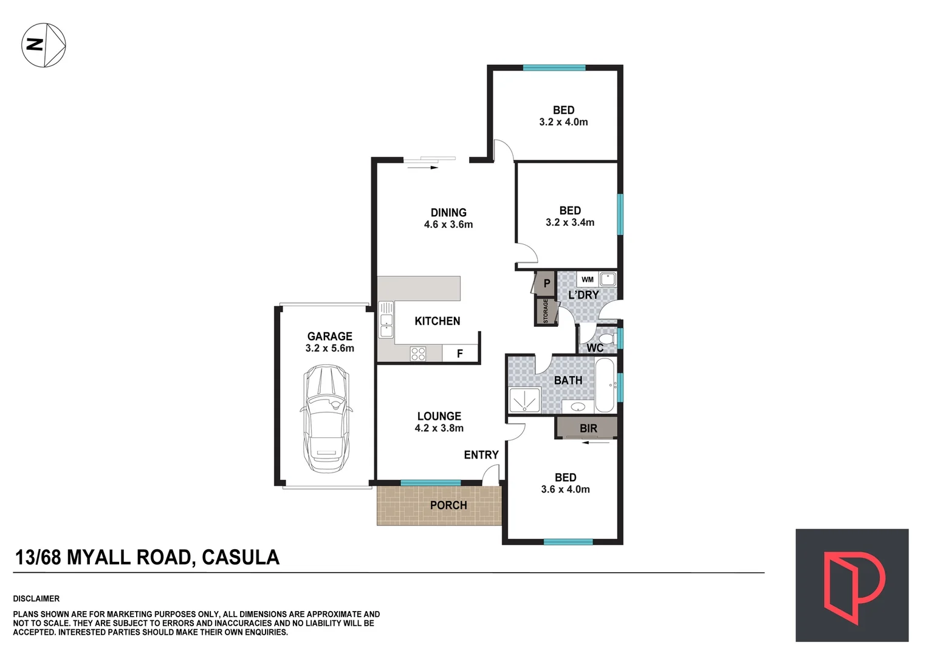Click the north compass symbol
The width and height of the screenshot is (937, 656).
(44, 45)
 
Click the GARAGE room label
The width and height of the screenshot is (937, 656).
(329, 337)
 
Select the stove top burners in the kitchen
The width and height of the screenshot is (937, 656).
(417, 354)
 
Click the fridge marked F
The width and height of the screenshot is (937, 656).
(460, 354)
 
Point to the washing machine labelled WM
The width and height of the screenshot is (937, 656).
(587, 279)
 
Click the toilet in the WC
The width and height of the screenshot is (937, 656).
(606, 338)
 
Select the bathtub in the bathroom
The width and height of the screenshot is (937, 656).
(605, 385)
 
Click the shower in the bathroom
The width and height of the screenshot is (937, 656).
(523, 401)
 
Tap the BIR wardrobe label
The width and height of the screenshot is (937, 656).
(588, 428)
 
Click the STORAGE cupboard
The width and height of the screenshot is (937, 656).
(546, 310)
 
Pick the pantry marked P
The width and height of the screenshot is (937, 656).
(546, 283)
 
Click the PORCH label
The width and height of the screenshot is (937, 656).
(448, 505)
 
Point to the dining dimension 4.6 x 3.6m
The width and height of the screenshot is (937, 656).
(448, 225)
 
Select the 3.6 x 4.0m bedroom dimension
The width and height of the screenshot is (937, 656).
(565, 490)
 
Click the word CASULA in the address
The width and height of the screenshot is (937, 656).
(241, 558)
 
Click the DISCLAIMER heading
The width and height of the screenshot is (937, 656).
(36, 599)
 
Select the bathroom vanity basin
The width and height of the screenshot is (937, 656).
(578, 406)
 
